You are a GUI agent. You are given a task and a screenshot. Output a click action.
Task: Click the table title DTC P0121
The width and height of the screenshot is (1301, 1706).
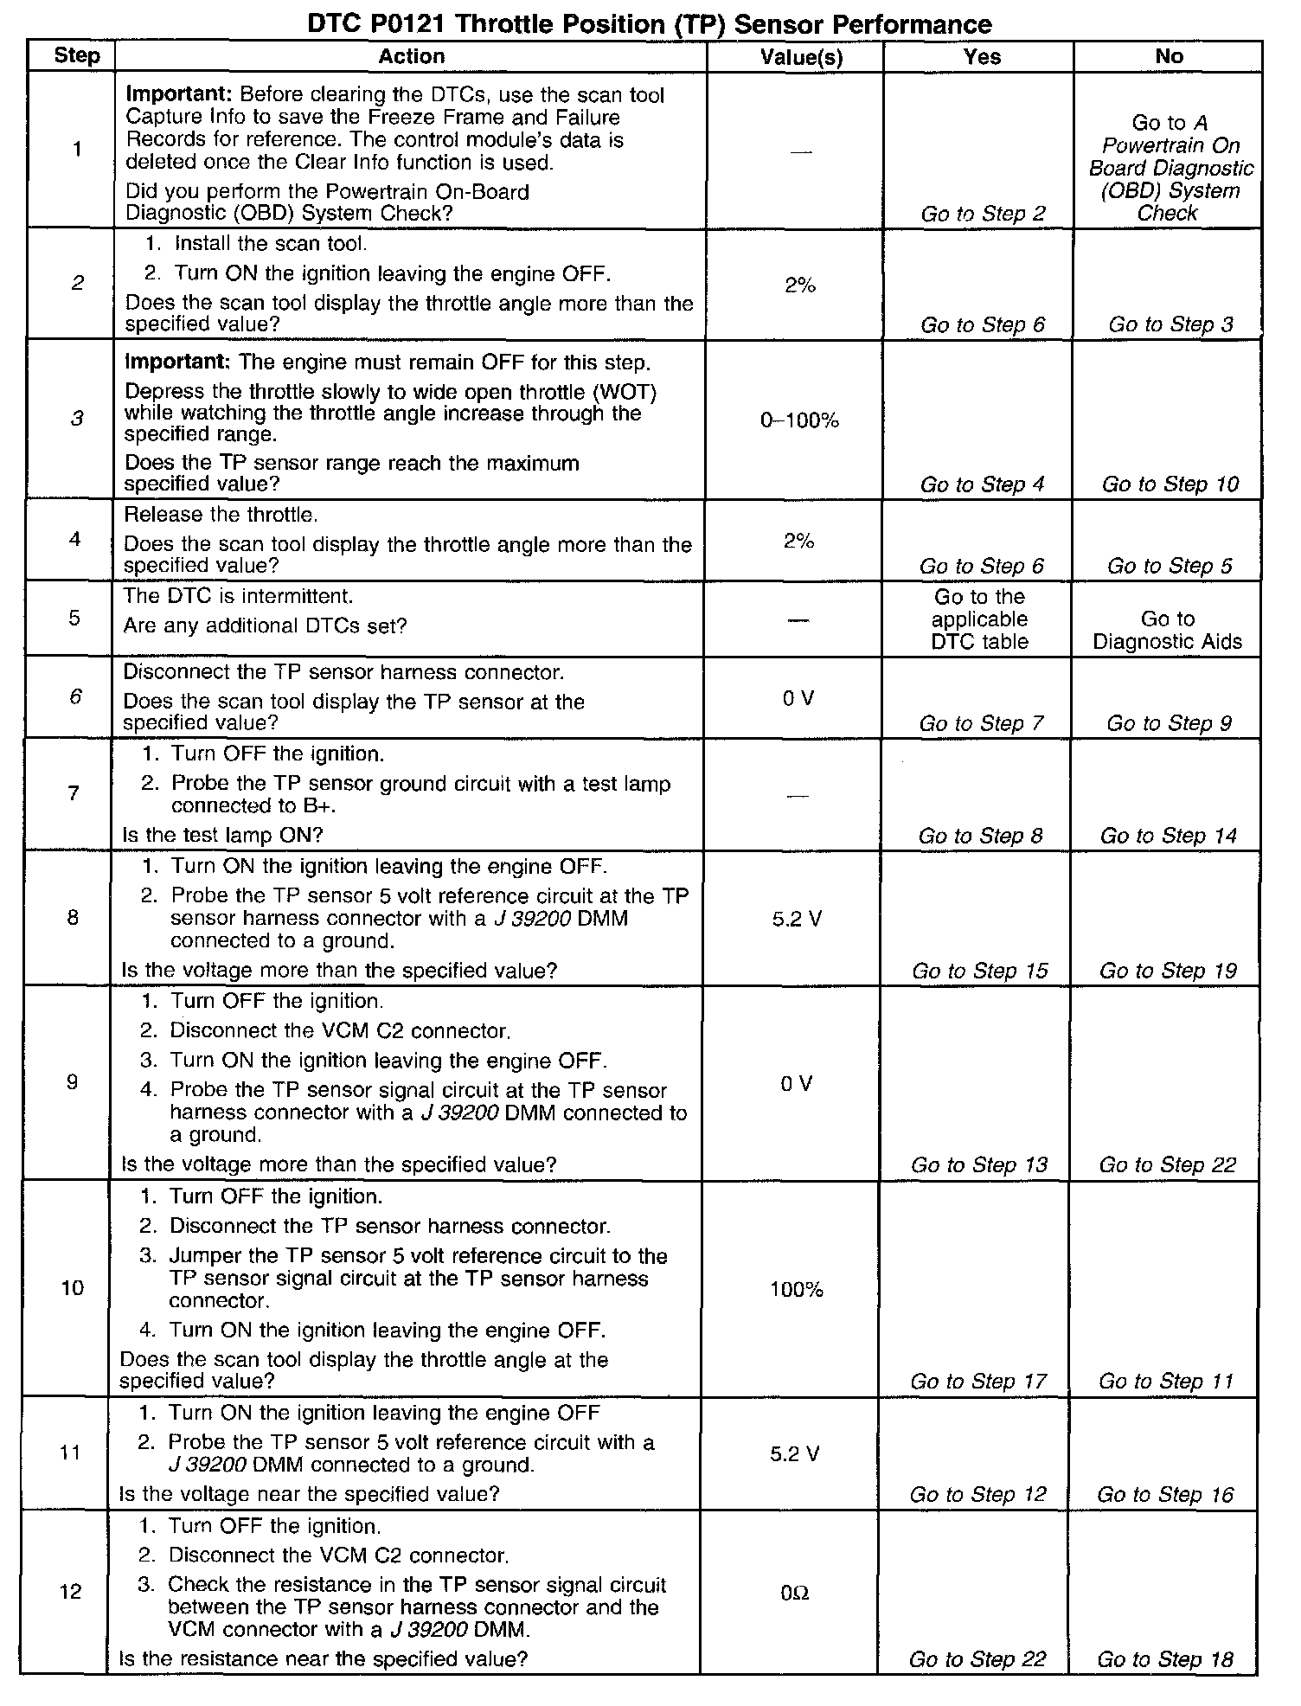pos(649,23)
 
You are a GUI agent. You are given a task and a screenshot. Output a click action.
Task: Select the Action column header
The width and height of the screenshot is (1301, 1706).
pos(411,57)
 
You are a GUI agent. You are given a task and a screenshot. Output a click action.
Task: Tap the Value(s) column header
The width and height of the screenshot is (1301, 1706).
pos(801,58)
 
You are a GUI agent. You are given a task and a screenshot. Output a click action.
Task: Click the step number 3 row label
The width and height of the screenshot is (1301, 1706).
pos(77,420)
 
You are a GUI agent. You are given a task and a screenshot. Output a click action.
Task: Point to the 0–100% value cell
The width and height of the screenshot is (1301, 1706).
pos(799,421)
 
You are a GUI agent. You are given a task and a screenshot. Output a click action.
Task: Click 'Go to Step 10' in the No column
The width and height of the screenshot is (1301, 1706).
pos(1170,484)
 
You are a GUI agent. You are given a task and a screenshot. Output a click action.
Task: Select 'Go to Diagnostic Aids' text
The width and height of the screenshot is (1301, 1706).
pos(1167,630)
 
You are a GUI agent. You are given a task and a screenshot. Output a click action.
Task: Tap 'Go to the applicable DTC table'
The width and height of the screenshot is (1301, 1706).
pos(979,619)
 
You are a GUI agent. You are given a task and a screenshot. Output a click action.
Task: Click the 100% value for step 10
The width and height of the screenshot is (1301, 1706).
pos(796,1290)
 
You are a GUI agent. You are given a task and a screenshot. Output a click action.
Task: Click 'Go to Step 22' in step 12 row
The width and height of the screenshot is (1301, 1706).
pos(977,1659)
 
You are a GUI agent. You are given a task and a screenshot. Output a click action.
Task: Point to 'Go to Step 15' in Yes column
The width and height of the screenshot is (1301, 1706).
pos(979,971)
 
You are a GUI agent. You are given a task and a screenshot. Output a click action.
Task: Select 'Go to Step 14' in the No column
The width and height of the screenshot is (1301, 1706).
pos(1169,836)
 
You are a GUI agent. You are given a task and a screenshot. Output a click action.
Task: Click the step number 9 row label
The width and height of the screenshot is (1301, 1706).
pos(73,1082)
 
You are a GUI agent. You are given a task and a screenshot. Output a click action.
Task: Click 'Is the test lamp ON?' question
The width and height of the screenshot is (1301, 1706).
pos(222,835)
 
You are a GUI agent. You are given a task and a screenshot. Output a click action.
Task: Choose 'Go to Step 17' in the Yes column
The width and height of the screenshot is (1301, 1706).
pos(978,1382)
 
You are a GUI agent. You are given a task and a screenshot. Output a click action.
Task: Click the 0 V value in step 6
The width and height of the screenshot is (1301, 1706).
pos(798,698)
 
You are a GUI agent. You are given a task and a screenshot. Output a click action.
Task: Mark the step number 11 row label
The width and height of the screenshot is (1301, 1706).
pos(71,1453)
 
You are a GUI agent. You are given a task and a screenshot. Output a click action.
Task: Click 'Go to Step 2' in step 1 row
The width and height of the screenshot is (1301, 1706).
pos(983,214)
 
